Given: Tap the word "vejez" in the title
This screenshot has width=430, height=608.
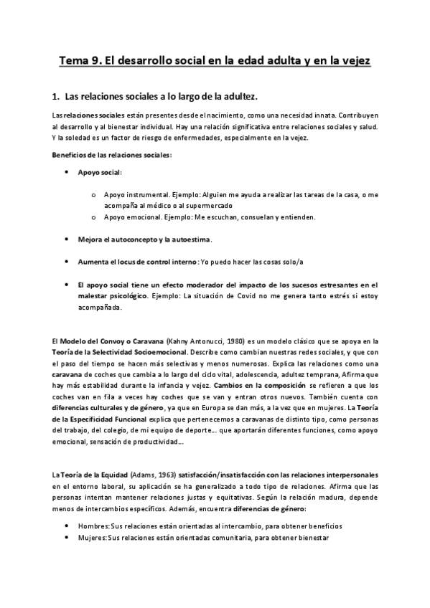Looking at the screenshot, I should click(x=352, y=62).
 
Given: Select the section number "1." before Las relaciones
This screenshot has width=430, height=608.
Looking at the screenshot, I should click(x=57, y=95).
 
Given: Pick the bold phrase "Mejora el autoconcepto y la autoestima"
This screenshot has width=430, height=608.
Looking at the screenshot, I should click(x=144, y=239).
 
